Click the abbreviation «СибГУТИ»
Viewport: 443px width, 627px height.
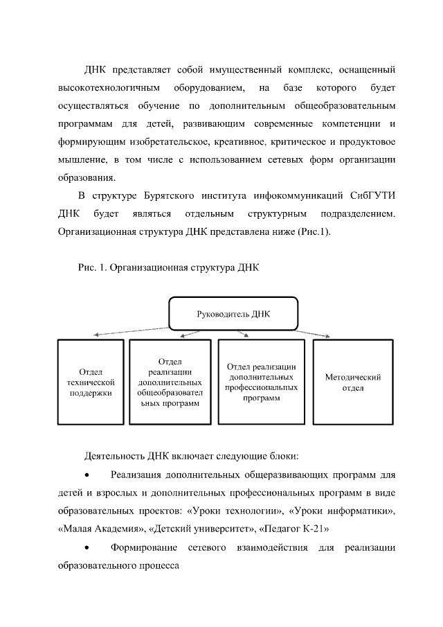coord(371,195)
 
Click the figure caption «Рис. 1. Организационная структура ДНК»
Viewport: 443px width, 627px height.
coord(168,267)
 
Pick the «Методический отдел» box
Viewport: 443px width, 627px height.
coord(353,382)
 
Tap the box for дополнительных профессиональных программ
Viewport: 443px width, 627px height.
coord(262,382)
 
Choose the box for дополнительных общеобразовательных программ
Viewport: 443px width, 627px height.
coord(170,382)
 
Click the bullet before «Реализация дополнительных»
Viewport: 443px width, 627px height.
coord(87,476)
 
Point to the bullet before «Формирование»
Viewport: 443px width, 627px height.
coord(87,548)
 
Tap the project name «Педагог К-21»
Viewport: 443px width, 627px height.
coord(295,529)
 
